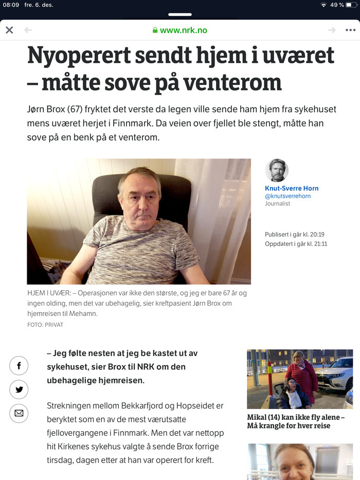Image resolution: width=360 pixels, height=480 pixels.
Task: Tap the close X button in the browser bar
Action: pyautogui.click(x=9, y=30)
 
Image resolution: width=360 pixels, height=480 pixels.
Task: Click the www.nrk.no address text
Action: pyautogui.click(x=184, y=30)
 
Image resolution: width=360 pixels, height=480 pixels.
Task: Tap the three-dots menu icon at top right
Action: pyautogui.click(x=350, y=30)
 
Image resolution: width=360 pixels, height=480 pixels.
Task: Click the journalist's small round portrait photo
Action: pyautogui.click(x=277, y=170)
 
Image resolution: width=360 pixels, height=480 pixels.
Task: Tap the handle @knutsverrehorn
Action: pyautogui.click(x=287, y=196)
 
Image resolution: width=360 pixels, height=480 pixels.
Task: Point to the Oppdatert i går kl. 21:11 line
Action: pyautogui.click(x=296, y=244)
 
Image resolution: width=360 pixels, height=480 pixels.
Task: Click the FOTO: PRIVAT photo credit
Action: pyautogui.click(x=45, y=325)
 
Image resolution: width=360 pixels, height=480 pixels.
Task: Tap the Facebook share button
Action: pyautogui.click(x=19, y=366)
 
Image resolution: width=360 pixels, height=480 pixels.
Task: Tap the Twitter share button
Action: pyautogui.click(x=19, y=389)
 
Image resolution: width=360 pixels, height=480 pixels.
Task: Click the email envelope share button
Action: pyautogui.click(x=19, y=413)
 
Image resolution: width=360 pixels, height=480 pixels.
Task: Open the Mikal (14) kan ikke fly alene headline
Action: pyautogui.click(x=296, y=421)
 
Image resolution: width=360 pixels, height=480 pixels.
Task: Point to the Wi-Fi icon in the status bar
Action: pyautogui.click(x=323, y=5)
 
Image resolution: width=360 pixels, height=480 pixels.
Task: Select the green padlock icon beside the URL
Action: pyautogui.click(x=155, y=30)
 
